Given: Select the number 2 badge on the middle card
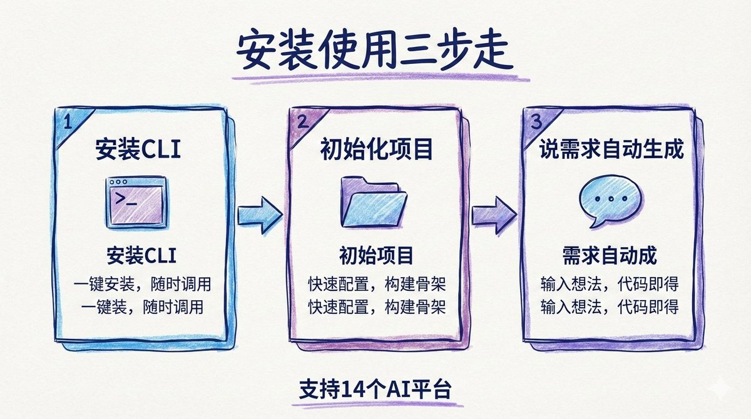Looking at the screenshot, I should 302,122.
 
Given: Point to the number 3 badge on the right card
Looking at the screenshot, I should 536,122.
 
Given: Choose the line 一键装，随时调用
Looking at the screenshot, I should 141,307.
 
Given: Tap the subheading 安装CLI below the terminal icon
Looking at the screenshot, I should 141,256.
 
